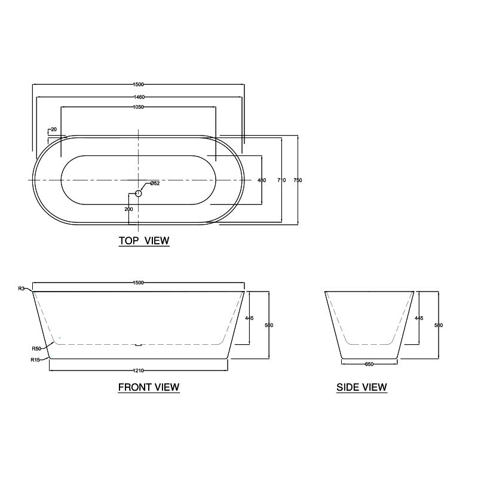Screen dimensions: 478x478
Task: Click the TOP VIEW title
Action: click(x=144, y=241)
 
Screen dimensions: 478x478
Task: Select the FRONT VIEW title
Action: click(x=149, y=387)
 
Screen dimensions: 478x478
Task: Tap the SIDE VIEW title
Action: click(x=361, y=387)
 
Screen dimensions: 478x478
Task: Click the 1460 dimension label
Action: click(x=139, y=96)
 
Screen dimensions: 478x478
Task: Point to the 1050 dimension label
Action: click(x=139, y=107)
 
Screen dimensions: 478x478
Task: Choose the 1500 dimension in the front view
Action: click(x=139, y=283)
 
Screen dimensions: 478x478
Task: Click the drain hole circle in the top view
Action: click(x=139, y=193)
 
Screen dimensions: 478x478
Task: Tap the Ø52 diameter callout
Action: click(x=154, y=183)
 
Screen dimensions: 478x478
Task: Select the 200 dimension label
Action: click(x=128, y=209)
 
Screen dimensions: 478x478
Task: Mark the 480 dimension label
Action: click(x=261, y=180)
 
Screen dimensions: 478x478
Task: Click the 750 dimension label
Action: click(x=298, y=180)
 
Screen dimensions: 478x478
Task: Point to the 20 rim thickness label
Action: click(x=54, y=129)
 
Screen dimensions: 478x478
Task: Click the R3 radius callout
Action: click(x=22, y=289)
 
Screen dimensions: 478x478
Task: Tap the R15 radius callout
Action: click(x=35, y=360)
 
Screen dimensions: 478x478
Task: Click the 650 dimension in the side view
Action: click(x=369, y=363)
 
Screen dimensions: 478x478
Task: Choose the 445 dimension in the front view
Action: click(x=250, y=318)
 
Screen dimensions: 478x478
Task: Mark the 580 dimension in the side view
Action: click(x=439, y=326)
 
